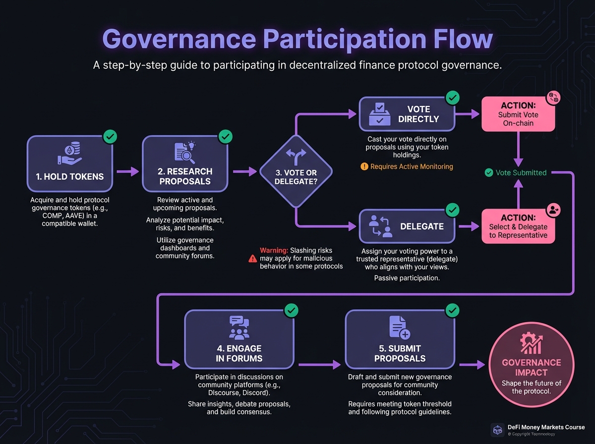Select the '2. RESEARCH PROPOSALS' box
(x=184, y=164)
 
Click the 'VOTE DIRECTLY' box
(x=407, y=114)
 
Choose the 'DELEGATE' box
(x=407, y=226)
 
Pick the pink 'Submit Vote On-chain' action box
(x=518, y=114)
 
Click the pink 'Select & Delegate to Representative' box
(x=518, y=226)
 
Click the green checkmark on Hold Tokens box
(x=110, y=136)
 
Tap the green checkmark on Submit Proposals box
(x=452, y=311)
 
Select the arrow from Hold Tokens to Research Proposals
(x=128, y=171)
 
